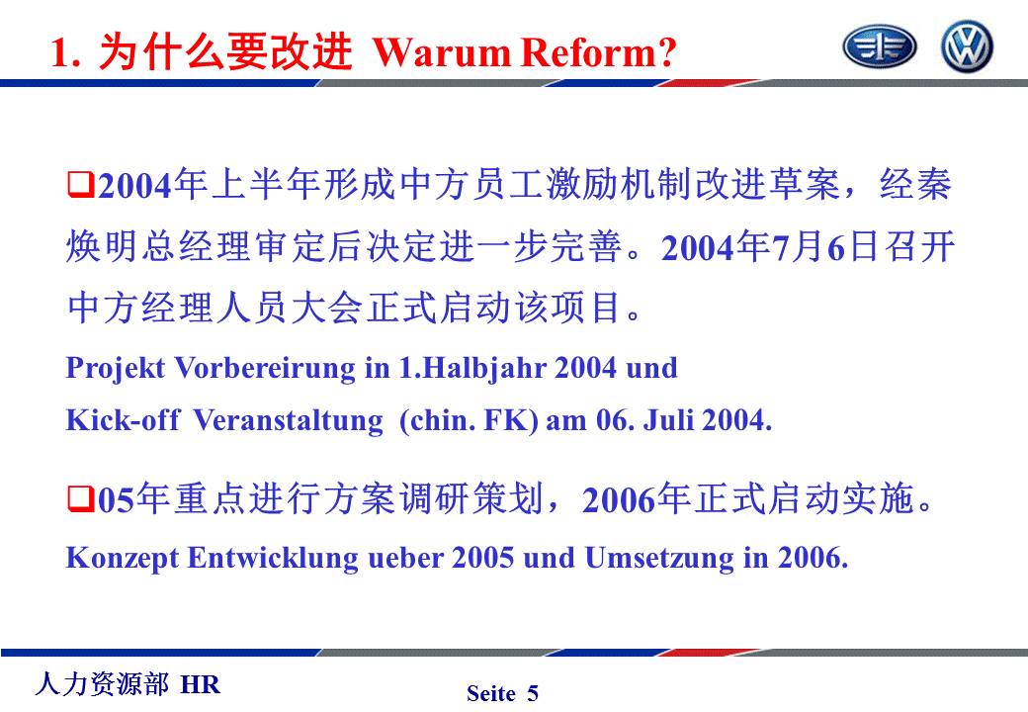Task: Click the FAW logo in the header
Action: click(x=879, y=47)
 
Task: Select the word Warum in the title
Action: click(x=442, y=52)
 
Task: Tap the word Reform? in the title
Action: click(x=599, y=52)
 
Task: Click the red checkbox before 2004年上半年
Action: click(x=81, y=184)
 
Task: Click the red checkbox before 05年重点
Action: click(x=81, y=498)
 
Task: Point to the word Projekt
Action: click(x=116, y=369)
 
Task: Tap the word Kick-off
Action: click(x=123, y=419)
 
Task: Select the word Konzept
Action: click(x=122, y=559)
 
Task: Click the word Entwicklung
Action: click(x=273, y=559)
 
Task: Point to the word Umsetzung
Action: click(x=659, y=559)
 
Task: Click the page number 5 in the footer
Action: click(x=533, y=693)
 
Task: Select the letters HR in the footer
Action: click(x=200, y=684)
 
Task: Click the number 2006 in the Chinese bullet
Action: click(x=618, y=499)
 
